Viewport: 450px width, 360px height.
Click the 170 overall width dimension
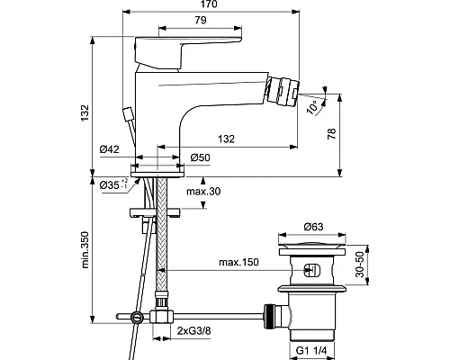pos(208,4)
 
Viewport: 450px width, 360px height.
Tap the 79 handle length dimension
pos(201,20)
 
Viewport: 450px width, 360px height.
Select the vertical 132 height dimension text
pos(85,112)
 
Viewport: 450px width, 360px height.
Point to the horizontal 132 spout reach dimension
pos(226,139)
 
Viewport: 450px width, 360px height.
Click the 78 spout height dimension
pos(332,133)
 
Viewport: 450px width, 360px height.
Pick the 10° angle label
pos(312,108)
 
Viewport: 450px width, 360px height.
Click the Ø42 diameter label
pos(110,149)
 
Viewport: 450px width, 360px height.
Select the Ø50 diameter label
pos(200,157)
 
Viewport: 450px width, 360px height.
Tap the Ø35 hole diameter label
pos(114,184)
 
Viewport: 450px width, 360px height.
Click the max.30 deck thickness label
pos(203,191)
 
